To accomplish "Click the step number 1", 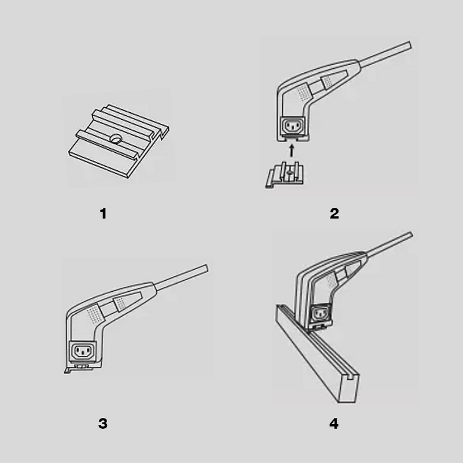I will pyautogui.click(x=103, y=214).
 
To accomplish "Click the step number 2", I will pyautogui.click(x=334, y=214).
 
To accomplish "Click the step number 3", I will pyautogui.click(x=103, y=423).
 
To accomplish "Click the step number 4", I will pyautogui.click(x=334, y=423).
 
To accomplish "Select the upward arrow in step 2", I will pyautogui.click(x=292, y=152).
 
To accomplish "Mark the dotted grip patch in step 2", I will pyautogui.click(x=302, y=92).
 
